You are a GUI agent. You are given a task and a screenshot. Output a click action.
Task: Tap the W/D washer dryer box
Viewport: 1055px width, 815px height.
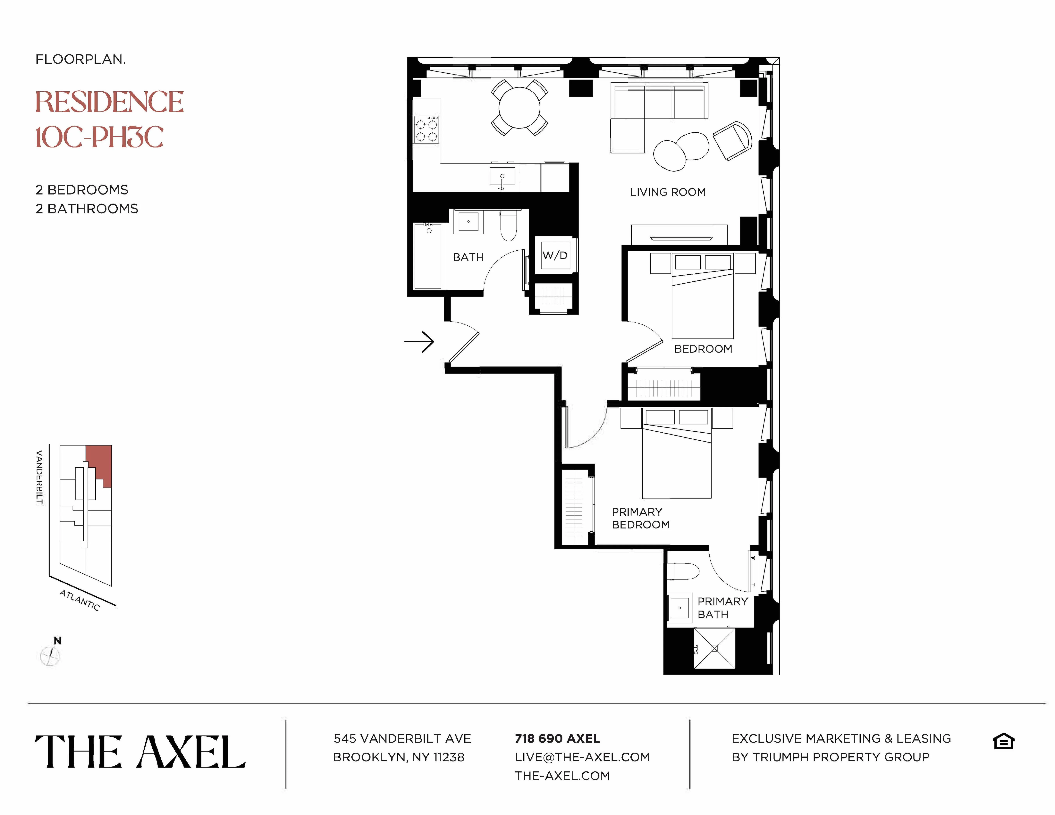click(x=554, y=255)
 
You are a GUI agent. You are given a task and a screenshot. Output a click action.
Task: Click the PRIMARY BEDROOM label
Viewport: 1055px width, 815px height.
click(x=640, y=518)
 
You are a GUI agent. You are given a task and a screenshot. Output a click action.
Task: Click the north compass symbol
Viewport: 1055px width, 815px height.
click(x=50, y=656)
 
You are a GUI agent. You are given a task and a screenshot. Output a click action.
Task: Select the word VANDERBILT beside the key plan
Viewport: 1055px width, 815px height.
click(x=40, y=477)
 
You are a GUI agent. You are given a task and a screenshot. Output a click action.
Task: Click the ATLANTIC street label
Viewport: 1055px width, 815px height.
click(x=80, y=600)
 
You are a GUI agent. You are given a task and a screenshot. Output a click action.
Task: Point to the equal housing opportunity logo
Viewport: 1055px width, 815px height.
click(x=1003, y=741)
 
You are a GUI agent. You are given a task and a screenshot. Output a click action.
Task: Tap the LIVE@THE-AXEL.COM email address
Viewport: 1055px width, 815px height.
click(x=582, y=757)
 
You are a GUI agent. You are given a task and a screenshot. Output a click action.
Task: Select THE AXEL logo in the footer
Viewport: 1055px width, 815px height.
click(x=140, y=752)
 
